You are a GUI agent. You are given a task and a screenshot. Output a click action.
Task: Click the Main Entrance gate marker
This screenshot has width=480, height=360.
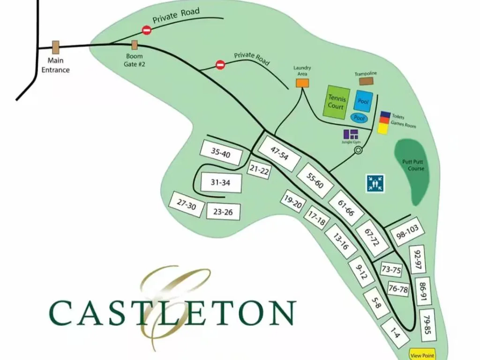55,47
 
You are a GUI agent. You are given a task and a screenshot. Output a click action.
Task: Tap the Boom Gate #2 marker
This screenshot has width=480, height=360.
135,45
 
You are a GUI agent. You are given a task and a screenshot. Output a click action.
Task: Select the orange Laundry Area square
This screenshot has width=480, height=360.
302,83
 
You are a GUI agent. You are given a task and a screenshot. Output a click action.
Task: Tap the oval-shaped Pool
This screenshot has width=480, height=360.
360,118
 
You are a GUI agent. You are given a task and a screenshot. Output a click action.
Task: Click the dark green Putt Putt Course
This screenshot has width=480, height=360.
412,171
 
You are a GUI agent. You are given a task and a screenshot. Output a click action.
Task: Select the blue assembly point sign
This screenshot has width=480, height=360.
375,183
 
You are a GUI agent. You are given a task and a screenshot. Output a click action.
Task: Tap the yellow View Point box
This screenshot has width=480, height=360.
422,355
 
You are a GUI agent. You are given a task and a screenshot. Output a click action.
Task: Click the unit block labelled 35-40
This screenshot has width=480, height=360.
221,154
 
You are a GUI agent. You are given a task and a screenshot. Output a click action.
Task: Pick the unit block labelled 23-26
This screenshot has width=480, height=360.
223,212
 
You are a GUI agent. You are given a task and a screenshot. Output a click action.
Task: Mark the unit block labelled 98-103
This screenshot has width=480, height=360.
407,233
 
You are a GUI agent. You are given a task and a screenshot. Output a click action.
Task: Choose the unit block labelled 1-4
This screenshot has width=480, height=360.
395,333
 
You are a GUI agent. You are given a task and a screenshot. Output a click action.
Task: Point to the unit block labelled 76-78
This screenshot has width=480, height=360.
398,290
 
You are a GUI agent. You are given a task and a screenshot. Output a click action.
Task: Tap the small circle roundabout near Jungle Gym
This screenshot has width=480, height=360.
359,150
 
